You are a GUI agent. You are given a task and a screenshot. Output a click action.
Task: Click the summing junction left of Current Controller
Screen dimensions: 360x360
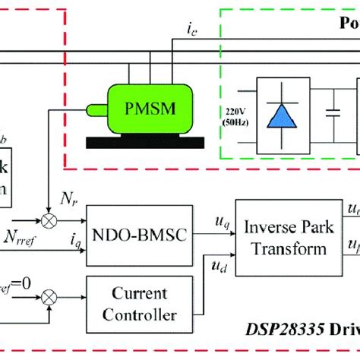coord(51,292)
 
